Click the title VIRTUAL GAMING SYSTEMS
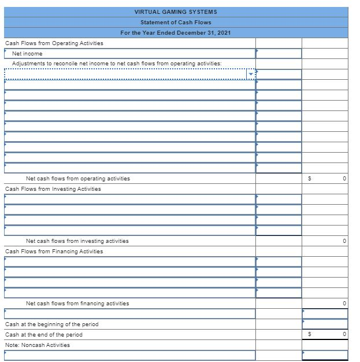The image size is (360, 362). [176, 12]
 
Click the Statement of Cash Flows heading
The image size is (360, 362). [176, 22]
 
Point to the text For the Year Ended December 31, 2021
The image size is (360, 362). [176, 32]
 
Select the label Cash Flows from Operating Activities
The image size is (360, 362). [54, 43]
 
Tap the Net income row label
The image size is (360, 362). [27, 53]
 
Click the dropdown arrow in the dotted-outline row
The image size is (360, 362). [251, 74]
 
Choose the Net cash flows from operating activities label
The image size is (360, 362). [78, 178]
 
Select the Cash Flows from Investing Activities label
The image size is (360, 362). [53, 189]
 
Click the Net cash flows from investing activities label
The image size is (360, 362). [77, 241]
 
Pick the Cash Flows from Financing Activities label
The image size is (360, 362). [54, 251]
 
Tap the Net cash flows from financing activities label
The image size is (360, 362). [77, 303]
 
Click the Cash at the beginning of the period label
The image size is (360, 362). [52, 324]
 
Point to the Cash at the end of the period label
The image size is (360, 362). [44, 334]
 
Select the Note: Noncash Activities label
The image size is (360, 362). [38, 345]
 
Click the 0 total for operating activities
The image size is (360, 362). [344, 179]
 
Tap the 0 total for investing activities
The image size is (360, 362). [344, 241]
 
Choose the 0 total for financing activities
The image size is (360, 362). [344, 304]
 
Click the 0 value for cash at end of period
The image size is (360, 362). [344, 335]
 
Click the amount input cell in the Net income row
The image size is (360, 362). [279, 53]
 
